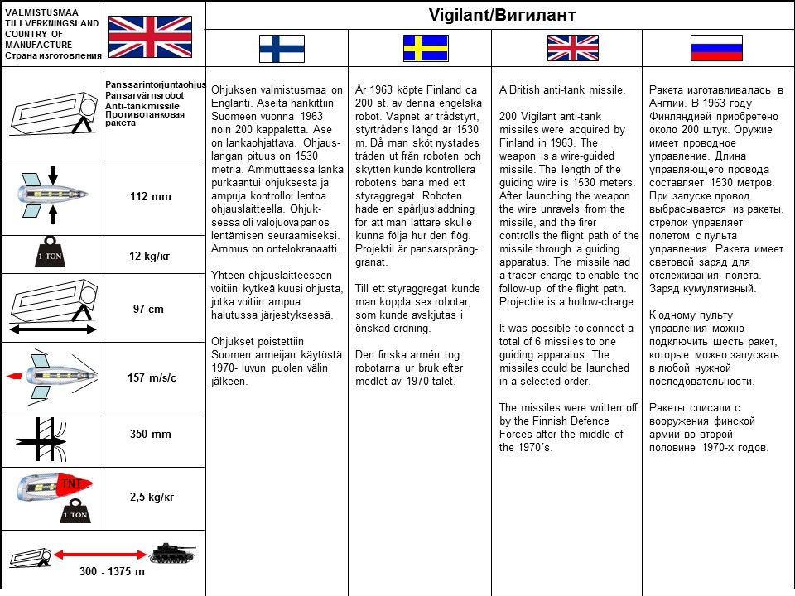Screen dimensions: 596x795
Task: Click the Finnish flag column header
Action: point(281,48)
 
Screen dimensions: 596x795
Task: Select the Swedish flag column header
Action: point(426,48)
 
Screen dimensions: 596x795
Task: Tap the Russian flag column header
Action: point(716,48)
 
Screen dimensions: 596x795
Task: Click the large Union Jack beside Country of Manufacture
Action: point(150,36)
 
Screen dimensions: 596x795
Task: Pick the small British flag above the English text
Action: point(572,48)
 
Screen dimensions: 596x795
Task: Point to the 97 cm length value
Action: point(149,309)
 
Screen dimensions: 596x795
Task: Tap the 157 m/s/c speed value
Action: point(152,377)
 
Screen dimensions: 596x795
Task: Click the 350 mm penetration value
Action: point(150,434)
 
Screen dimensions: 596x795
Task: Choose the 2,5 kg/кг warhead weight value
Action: point(152,497)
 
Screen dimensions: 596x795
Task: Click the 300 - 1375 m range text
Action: point(112,572)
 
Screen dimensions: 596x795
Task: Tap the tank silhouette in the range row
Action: point(171,552)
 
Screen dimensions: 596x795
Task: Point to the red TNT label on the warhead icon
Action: point(70,483)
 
